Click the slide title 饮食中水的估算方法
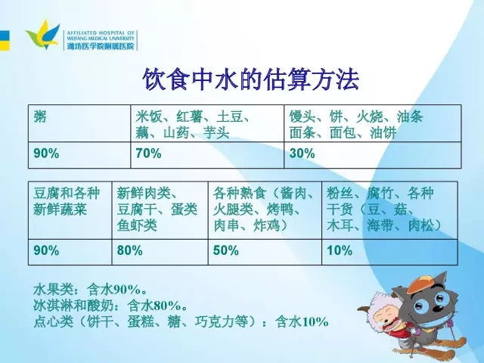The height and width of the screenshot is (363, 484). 251,79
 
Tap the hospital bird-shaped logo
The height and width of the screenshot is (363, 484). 43,34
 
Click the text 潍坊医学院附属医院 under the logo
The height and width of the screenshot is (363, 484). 101,46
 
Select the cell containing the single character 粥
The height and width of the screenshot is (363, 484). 79,123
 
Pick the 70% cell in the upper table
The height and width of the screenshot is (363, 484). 207,155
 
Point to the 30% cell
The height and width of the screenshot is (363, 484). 373,155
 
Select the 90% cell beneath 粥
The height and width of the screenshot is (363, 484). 79,155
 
